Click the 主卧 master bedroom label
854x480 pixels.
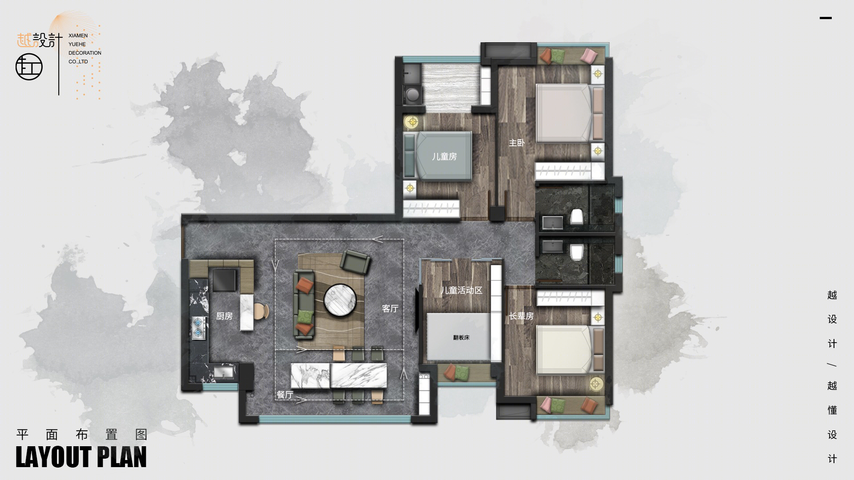tap(517, 143)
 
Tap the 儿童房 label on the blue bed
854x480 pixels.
tap(444, 156)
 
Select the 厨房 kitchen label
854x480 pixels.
tap(225, 316)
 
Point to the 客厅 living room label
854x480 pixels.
tap(390, 308)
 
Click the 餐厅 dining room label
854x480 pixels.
tap(285, 395)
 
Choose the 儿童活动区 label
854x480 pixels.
tap(461, 291)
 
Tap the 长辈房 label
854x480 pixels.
tap(521, 316)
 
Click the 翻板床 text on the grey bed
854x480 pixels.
tap(461, 338)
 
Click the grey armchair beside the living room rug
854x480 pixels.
tap(355, 262)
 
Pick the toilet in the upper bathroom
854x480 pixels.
tap(577, 216)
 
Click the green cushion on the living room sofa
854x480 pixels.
tap(304, 316)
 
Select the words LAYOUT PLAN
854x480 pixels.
tap(81, 457)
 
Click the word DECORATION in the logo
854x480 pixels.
tap(85, 53)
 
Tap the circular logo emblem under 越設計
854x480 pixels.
tap(29, 68)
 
